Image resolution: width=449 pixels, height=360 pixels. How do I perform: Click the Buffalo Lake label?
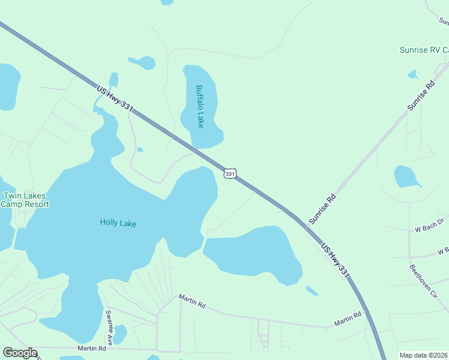[x=199, y=106]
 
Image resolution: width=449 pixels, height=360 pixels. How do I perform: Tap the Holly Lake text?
[x=118, y=223]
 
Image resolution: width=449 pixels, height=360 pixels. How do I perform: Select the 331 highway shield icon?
[x=230, y=173]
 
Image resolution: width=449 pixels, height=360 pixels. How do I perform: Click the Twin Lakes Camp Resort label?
[x=25, y=200]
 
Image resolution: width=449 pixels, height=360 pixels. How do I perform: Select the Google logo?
[x=20, y=353]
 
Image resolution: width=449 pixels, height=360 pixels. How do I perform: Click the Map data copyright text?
[x=424, y=355]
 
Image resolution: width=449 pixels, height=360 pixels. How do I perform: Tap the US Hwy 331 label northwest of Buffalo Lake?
[x=114, y=97]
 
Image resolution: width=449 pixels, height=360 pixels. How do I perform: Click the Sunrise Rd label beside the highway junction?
[x=322, y=209]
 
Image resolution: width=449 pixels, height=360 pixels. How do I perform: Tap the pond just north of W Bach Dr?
[x=406, y=176]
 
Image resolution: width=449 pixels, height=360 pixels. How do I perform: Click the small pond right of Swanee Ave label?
[x=121, y=334]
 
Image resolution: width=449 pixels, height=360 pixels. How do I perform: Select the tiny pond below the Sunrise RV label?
[x=412, y=74]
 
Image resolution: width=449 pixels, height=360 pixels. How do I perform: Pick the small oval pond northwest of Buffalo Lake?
[x=143, y=62]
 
